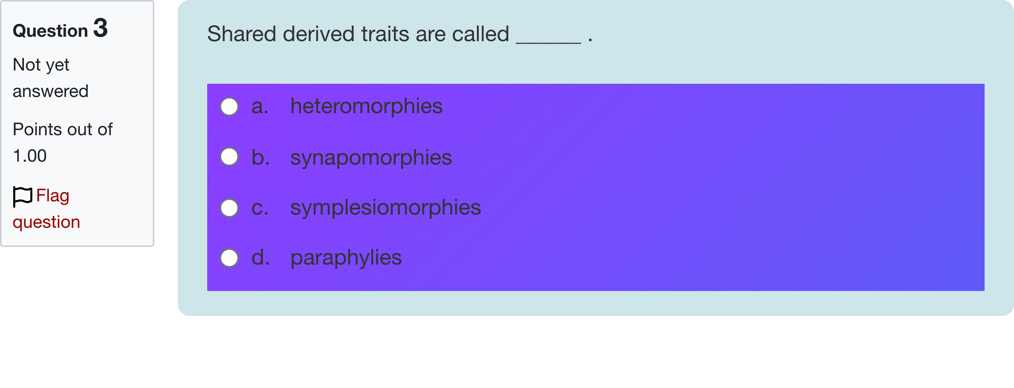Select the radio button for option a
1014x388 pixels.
(x=229, y=107)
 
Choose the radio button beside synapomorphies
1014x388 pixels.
(x=229, y=157)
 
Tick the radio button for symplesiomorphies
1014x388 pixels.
(x=229, y=208)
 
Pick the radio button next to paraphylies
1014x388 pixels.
(x=229, y=258)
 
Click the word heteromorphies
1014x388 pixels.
(x=367, y=106)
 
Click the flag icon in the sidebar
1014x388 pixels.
(x=22, y=196)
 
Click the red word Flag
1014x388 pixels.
(x=53, y=196)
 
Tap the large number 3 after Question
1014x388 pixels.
(x=100, y=28)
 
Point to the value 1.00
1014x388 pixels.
(x=29, y=156)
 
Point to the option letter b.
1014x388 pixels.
(x=260, y=157)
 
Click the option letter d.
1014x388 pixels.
(x=260, y=258)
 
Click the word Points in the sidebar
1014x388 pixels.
(x=37, y=129)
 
